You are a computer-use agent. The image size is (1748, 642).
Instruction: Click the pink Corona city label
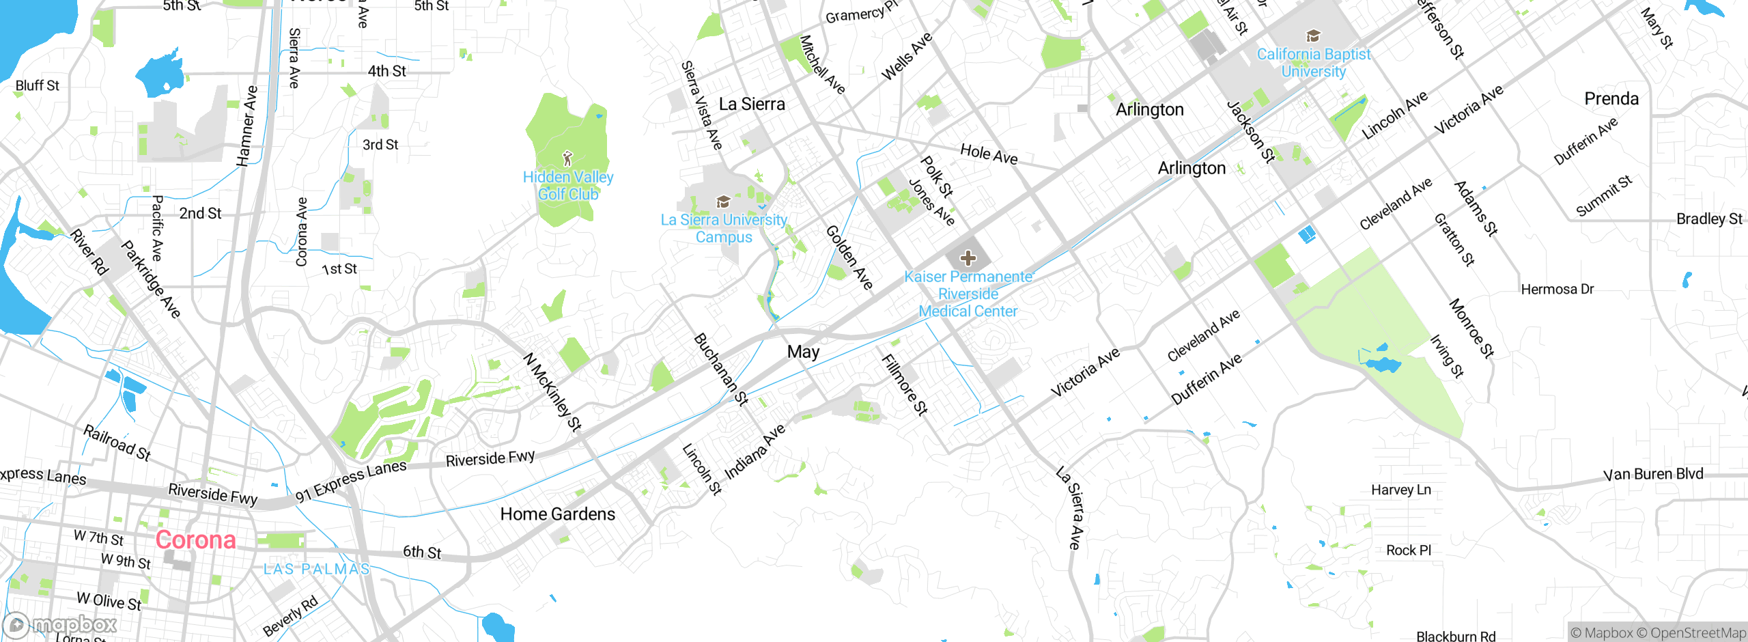[x=195, y=540]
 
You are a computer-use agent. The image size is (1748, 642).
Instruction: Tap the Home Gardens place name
[x=557, y=514]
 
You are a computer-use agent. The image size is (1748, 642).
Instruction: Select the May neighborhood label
[x=803, y=352]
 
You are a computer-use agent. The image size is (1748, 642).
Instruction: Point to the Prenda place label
[x=1611, y=99]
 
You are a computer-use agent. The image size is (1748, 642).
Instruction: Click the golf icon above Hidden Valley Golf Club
[x=567, y=159]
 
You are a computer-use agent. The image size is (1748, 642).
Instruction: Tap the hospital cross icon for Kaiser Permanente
[x=968, y=258]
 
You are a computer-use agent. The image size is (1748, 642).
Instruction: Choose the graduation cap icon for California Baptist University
[x=1313, y=36]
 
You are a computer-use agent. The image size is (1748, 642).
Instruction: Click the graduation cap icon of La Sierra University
[x=722, y=201]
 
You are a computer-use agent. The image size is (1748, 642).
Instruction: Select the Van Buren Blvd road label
[x=1653, y=474]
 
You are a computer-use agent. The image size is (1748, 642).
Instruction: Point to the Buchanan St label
[x=721, y=369]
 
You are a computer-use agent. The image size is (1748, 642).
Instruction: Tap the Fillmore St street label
[x=905, y=385]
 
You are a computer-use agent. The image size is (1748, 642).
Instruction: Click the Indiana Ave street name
[x=755, y=452]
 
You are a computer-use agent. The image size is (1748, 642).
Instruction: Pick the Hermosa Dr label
[x=1557, y=290]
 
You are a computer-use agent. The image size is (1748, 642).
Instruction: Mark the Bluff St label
[x=38, y=85]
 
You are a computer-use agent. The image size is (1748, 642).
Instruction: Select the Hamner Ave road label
[x=247, y=126]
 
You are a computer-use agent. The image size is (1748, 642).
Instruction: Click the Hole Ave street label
[x=989, y=154]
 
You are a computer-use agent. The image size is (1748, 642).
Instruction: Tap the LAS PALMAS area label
[x=317, y=569]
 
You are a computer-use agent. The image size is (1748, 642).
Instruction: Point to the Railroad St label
[x=117, y=443]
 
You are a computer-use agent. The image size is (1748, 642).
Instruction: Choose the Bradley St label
[x=1709, y=219]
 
